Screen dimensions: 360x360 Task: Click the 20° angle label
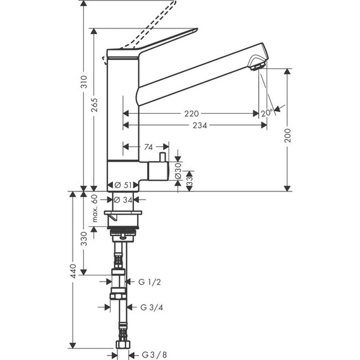click(x=267, y=113)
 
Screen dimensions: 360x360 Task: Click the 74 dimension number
click(x=148, y=147)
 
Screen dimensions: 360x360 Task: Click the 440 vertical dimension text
click(x=73, y=272)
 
